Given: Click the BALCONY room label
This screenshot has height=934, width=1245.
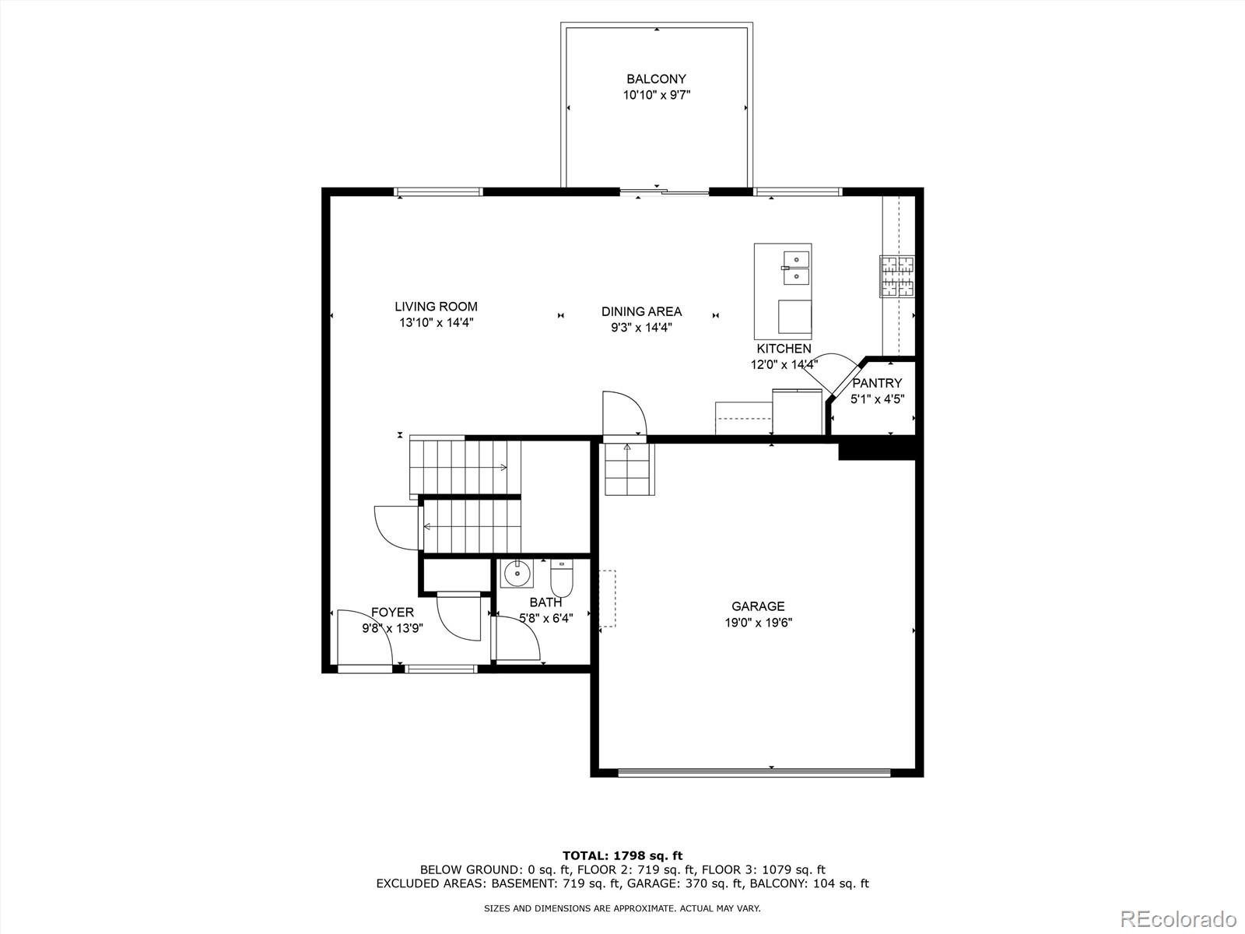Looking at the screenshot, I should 656,79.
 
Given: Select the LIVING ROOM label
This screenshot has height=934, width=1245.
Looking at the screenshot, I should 436,307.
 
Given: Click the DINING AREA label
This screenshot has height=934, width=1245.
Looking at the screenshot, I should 641,311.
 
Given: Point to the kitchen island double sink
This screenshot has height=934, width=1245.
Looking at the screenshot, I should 796,267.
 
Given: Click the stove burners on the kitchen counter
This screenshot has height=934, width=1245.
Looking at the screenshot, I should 897,276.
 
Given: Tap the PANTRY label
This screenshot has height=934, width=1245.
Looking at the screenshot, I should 877,383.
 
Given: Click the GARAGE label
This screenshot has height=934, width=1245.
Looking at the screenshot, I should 758,606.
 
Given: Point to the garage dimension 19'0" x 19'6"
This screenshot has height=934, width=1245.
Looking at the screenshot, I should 758,623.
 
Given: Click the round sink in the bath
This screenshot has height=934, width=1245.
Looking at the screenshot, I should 517,574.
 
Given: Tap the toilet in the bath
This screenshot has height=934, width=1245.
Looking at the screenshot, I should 561,580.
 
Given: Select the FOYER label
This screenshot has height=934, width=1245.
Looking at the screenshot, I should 392,613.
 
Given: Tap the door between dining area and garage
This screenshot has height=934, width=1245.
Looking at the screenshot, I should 624,415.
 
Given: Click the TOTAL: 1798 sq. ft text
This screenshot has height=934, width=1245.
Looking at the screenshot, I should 622,855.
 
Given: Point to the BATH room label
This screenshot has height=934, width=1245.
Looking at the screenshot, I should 545,602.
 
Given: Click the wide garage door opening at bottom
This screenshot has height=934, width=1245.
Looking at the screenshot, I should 754,773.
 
